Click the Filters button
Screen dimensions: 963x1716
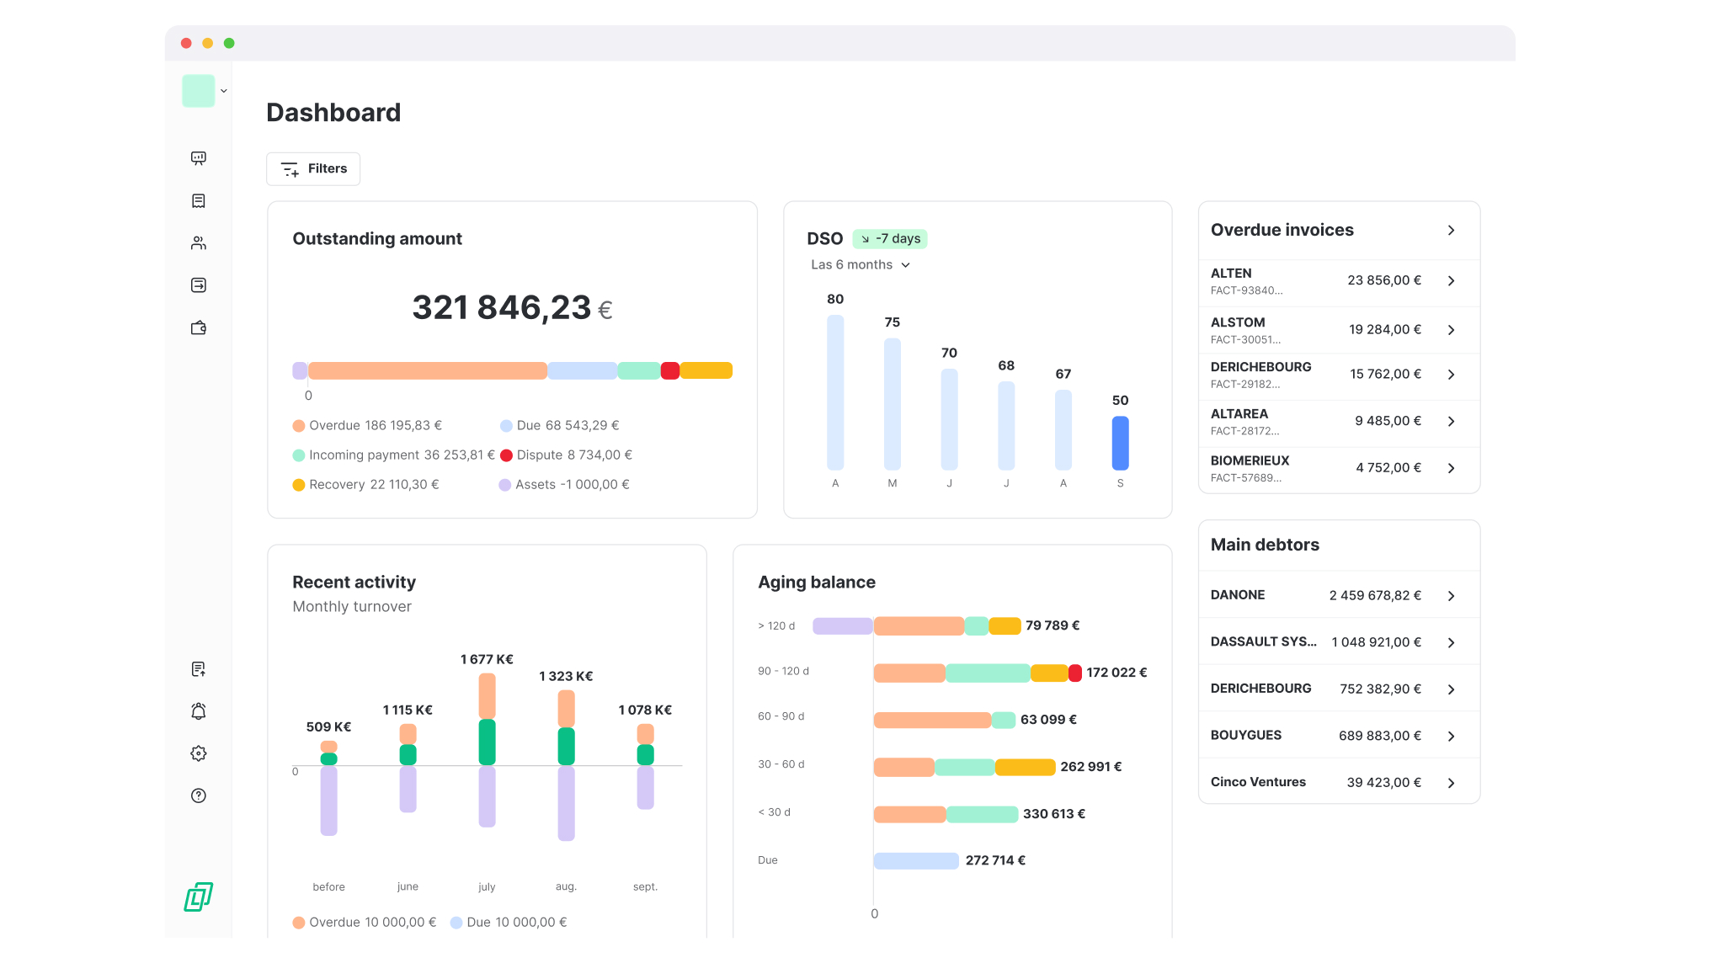click(x=313, y=168)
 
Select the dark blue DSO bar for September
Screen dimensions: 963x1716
click(x=1120, y=443)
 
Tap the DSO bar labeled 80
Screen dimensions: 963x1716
click(x=834, y=391)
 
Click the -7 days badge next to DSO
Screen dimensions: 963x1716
click(x=890, y=239)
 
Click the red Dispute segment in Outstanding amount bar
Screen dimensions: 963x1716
click(x=669, y=371)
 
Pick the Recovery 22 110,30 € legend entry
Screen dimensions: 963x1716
click(x=366, y=485)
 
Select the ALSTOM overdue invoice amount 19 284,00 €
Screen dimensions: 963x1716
click(x=1384, y=330)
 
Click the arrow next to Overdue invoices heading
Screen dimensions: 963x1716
click(x=1451, y=231)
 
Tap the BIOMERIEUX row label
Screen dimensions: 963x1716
click(x=1250, y=461)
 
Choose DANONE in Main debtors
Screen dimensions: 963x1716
click(x=1238, y=595)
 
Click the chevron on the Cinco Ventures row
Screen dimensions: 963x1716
click(x=1451, y=783)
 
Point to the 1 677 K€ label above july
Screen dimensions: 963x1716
click(x=487, y=660)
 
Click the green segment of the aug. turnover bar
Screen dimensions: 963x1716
click(x=566, y=746)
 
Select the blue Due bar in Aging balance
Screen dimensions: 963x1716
click(x=916, y=860)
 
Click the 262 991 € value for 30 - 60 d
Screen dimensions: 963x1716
click(x=1090, y=767)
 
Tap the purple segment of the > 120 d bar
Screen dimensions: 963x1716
click(x=842, y=626)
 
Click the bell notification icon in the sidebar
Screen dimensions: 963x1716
click(x=199, y=711)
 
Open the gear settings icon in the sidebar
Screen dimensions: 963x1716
click(x=199, y=753)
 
